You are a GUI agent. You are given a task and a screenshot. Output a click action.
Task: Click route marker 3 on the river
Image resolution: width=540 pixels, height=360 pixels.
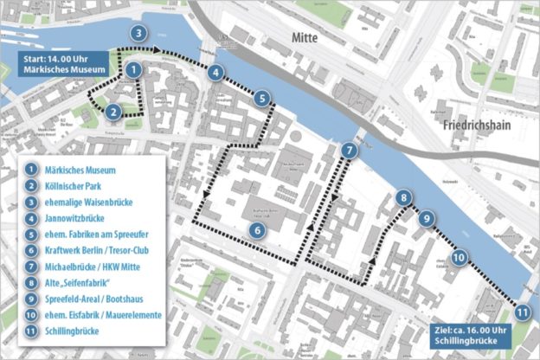(138, 34)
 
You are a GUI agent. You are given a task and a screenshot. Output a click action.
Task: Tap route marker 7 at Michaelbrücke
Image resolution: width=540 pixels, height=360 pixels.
(348, 151)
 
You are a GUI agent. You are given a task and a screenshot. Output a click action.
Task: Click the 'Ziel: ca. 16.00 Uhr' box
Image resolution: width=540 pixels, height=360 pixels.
(472, 335)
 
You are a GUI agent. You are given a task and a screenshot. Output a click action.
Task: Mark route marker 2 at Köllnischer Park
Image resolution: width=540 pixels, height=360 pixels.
(113, 111)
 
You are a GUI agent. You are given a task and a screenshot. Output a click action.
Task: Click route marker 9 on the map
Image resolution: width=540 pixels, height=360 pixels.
(426, 219)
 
